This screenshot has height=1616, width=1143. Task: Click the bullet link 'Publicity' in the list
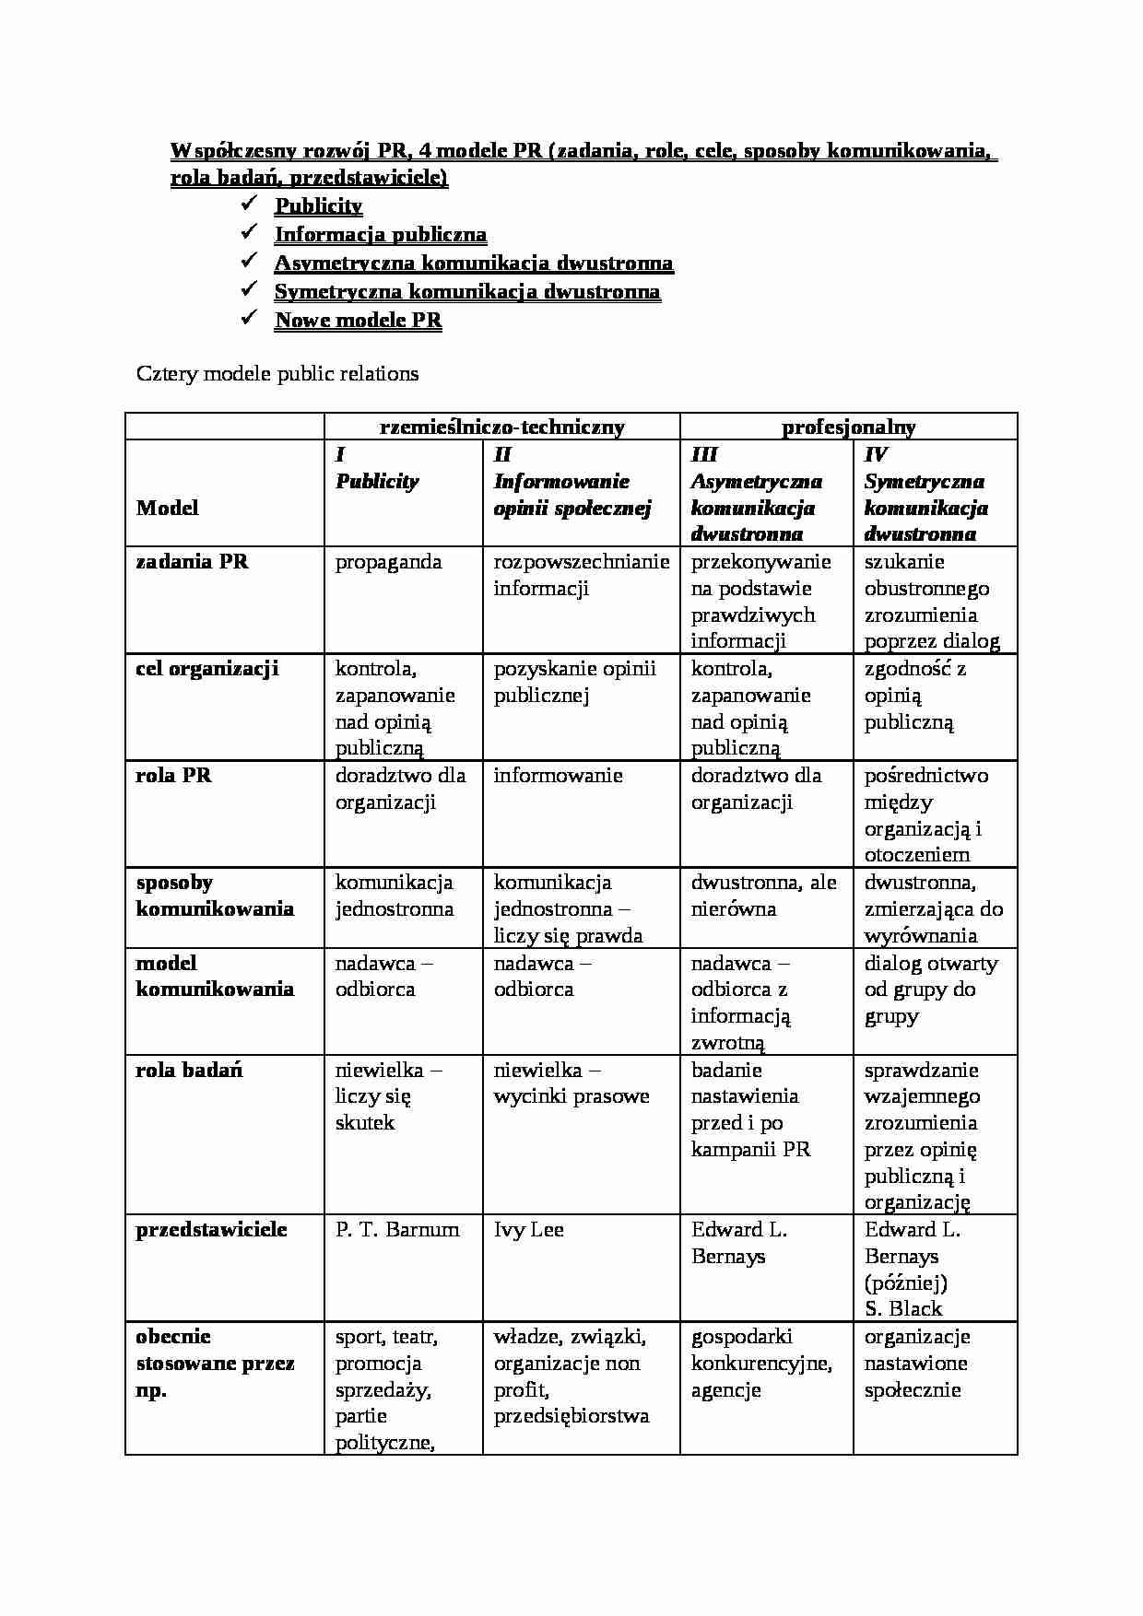(318, 206)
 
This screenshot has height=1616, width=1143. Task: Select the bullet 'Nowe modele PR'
(358, 321)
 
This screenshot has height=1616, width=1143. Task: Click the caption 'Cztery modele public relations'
(277, 374)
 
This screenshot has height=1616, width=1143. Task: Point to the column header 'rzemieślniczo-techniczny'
(502, 427)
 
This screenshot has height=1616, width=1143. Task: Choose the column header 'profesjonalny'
(848, 427)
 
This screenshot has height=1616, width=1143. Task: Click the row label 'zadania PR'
(192, 562)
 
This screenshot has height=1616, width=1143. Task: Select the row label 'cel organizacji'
(206, 669)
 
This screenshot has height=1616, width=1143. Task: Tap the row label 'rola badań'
(189, 1071)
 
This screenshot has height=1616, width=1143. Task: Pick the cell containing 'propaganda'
(388, 562)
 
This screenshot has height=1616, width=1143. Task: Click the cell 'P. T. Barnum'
(397, 1230)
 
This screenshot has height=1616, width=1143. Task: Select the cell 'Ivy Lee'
(528, 1230)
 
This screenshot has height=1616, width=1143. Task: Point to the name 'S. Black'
(902, 1309)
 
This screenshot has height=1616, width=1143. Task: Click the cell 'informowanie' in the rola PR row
(558, 776)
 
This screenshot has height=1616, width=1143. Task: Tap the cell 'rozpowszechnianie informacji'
(581, 575)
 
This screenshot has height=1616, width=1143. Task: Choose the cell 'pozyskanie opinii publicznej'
(574, 682)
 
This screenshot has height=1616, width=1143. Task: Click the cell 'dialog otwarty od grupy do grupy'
(930, 990)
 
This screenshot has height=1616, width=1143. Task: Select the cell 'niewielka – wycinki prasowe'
(571, 1083)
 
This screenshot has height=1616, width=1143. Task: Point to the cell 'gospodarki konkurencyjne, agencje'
(761, 1363)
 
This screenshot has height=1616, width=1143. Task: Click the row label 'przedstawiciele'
(211, 1230)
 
